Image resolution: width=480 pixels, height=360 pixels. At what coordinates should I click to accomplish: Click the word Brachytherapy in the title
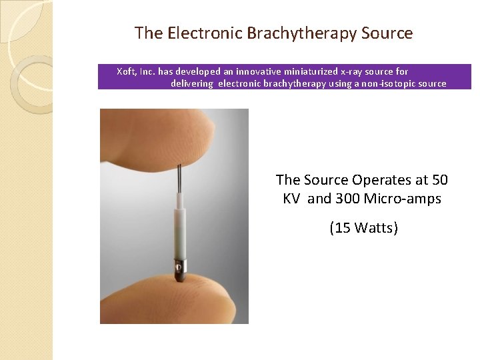tap(288, 33)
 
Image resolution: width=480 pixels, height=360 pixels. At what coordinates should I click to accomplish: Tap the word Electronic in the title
tap(197, 33)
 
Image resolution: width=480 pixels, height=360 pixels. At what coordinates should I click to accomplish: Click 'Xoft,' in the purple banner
tap(127, 71)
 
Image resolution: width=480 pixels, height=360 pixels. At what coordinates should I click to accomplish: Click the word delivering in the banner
tap(192, 83)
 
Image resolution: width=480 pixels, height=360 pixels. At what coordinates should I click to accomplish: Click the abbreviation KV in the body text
tap(292, 199)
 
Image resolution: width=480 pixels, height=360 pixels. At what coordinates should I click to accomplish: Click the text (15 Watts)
tap(363, 228)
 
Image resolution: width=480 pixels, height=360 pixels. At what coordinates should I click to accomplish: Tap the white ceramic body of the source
tap(179, 227)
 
